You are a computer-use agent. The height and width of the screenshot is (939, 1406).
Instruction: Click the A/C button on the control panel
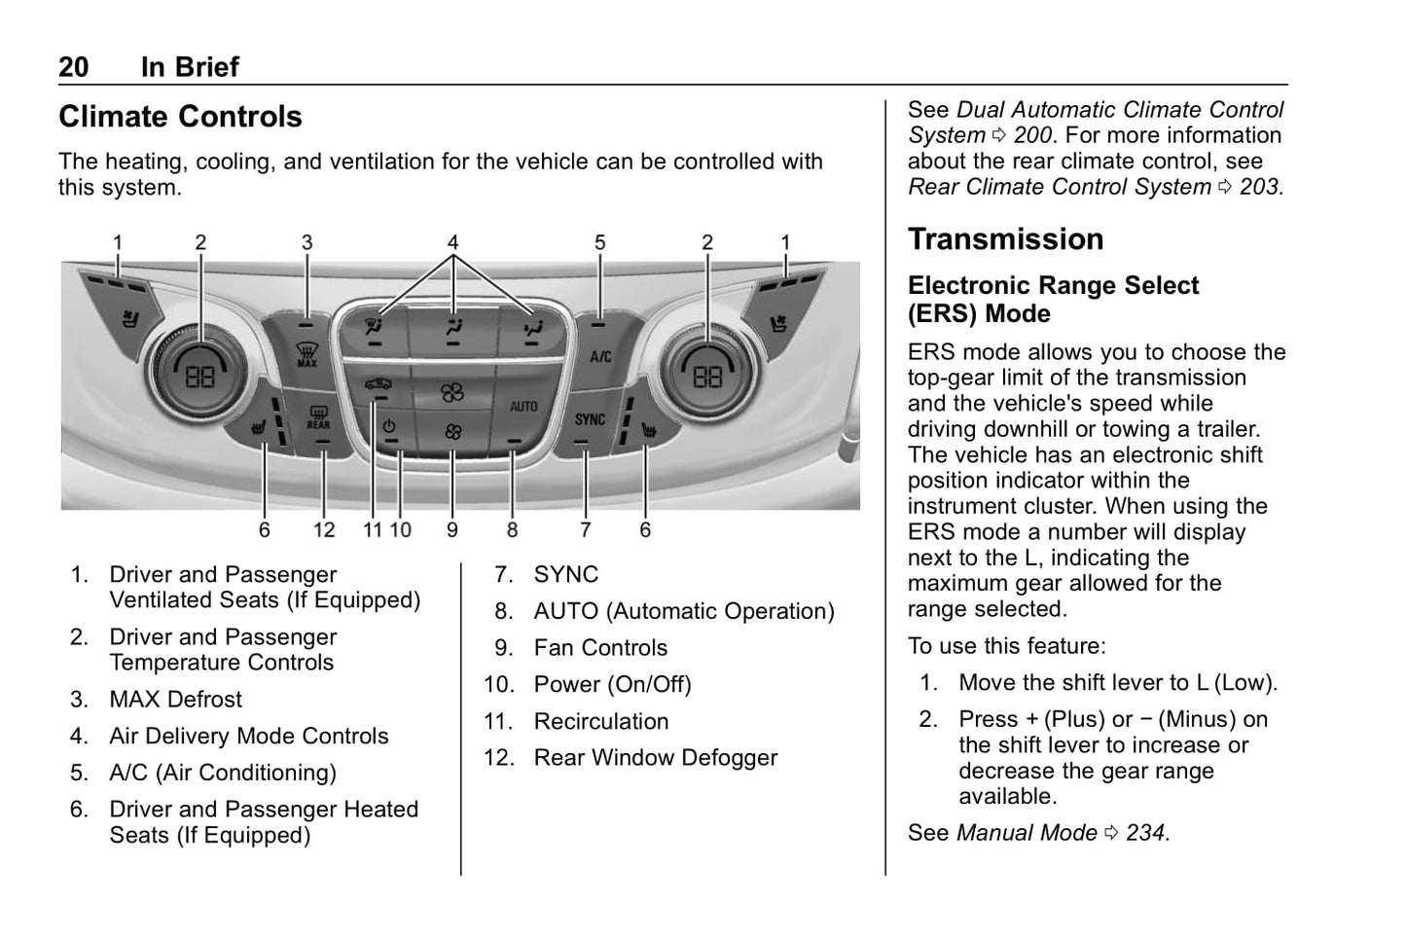[600, 356]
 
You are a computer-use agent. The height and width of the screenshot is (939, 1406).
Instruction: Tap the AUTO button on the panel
[523, 406]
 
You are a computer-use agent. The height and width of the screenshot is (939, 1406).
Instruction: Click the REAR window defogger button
[318, 418]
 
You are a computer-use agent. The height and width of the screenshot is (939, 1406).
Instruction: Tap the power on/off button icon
[389, 426]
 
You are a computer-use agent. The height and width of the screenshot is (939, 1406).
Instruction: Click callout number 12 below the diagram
[324, 530]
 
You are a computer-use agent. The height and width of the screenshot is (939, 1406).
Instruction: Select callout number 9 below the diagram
[452, 530]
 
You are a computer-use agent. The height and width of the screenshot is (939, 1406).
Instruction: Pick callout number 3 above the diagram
[306, 242]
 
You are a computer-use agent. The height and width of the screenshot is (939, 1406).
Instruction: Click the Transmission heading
[1005, 239]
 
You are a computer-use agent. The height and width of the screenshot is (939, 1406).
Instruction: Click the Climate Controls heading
[180, 117]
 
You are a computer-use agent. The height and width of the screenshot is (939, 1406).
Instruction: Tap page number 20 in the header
[73, 67]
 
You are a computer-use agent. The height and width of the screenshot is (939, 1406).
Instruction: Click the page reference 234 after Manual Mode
[1145, 833]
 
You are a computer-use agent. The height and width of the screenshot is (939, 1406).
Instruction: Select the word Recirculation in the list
[601, 721]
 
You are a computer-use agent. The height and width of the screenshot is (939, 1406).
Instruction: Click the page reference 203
[1259, 187]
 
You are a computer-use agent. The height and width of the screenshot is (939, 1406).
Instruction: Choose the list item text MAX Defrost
[176, 700]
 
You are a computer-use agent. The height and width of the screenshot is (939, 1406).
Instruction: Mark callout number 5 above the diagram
[600, 242]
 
